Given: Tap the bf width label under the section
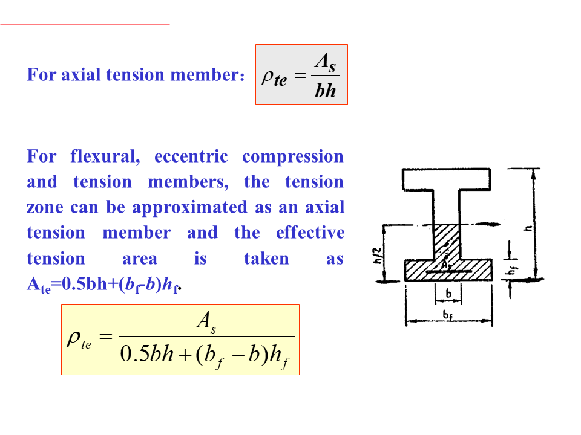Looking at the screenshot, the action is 448,315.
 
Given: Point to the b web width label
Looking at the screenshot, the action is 448,294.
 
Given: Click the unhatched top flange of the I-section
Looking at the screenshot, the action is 448,179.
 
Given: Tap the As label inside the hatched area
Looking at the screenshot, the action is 447,264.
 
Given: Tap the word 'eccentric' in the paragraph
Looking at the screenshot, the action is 191,157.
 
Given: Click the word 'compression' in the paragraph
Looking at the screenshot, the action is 293,157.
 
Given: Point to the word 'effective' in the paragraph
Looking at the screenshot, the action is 310,233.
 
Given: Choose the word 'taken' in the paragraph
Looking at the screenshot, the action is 266,259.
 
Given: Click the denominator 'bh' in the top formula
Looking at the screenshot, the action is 325,92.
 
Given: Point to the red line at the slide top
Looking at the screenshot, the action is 85,24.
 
